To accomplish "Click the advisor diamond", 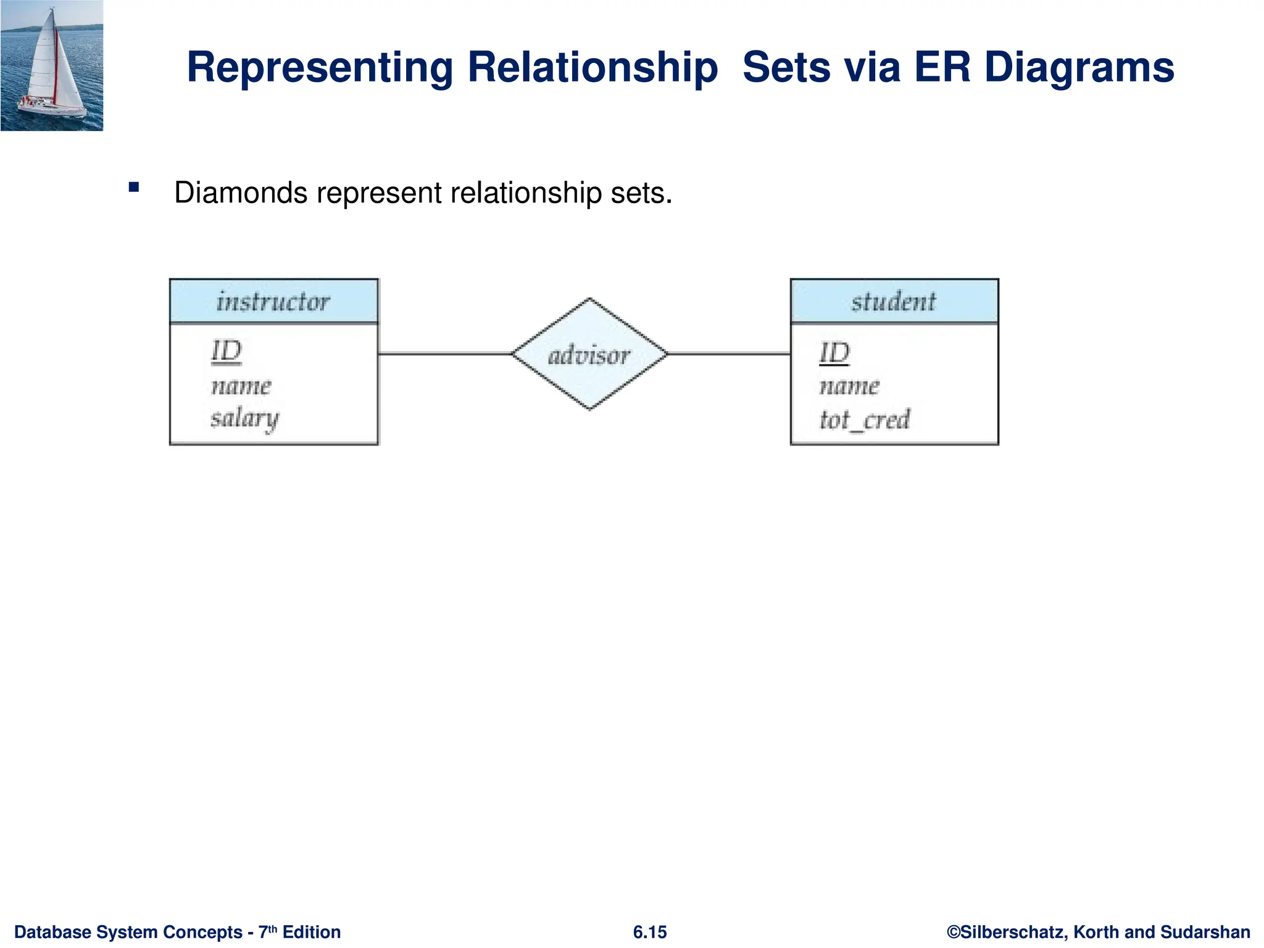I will [x=589, y=354].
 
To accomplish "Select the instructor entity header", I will [x=273, y=301].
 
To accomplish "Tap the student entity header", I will [x=894, y=301].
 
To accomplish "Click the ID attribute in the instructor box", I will [x=227, y=351].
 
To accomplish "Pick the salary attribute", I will [x=244, y=419].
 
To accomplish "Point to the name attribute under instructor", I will [x=241, y=386].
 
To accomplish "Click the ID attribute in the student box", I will [x=834, y=353].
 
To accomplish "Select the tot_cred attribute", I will [x=864, y=420].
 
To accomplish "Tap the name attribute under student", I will [x=849, y=386].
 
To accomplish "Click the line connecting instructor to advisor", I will [x=444, y=354].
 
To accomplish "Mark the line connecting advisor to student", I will [x=728, y=354].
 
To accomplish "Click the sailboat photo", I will [x=52, y=65].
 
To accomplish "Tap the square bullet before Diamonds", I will [x=134, y=187].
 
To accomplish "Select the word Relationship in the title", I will [x=592, y=68].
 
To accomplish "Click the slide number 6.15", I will [x=650, y=932].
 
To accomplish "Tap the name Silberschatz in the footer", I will [x=1013, y=932].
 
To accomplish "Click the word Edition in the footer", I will [x=312, y=932].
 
